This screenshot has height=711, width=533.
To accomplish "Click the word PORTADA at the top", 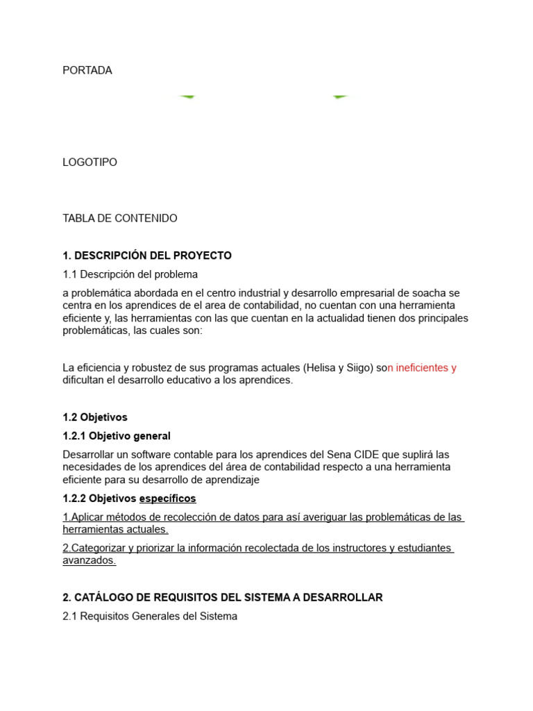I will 87,70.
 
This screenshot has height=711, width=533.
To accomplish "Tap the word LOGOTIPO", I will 90,162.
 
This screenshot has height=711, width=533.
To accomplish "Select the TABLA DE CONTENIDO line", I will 120,218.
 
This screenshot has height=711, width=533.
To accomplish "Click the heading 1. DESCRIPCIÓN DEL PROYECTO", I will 147,256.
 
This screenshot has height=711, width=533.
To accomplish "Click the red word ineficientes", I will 422,367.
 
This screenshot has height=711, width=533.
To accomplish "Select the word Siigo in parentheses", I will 360,367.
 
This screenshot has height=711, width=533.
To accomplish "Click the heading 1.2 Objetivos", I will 95,417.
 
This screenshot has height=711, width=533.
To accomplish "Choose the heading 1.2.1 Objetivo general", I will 117,436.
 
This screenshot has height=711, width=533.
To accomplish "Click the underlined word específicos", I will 168,498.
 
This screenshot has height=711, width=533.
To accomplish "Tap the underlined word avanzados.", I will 89,560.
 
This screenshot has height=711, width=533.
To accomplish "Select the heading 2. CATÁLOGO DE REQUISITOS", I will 222,597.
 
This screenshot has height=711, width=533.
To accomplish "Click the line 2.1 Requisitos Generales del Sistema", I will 150,616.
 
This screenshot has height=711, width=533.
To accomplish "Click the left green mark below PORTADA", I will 187,97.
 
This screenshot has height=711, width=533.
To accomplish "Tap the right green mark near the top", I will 339,97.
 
